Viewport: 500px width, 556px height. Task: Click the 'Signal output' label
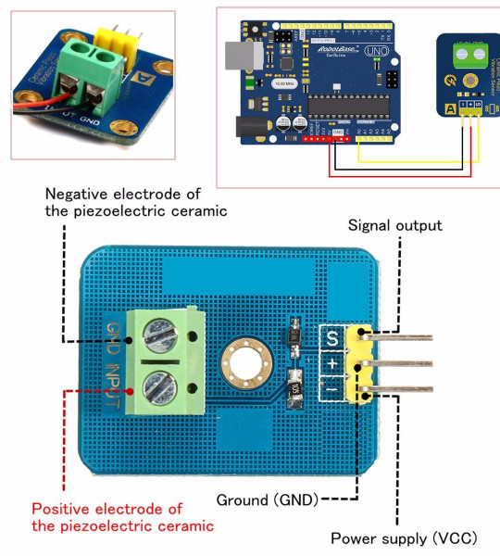394,225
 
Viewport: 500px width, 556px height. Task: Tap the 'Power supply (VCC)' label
404,538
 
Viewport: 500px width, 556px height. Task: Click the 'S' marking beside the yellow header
331,338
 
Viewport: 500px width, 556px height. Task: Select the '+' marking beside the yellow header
331,364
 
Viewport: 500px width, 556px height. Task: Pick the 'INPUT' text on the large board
111,389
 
